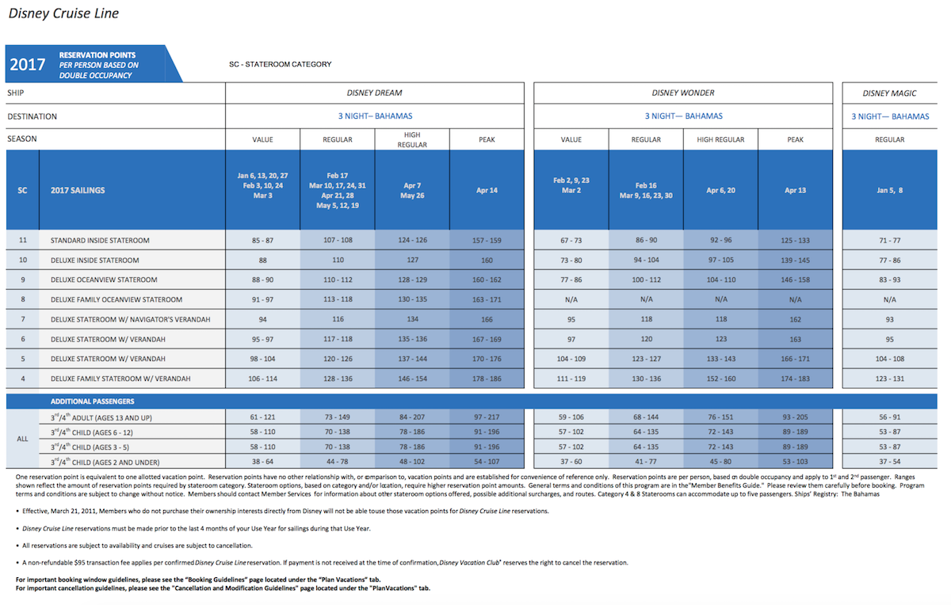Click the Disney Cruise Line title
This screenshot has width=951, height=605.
point(63,13)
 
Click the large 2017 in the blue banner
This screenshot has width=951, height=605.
point(28,64)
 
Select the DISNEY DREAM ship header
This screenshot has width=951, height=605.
point(374,93)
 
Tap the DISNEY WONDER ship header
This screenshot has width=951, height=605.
point(683,93)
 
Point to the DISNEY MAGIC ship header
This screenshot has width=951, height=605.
point(889,93)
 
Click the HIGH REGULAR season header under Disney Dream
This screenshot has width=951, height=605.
point(412,139)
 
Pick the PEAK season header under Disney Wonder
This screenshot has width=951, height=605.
point(795,139)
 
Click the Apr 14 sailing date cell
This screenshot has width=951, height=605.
point(487,191)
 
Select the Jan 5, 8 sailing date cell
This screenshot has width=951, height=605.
point(889,191)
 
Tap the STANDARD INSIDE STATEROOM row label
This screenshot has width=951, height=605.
point(100,241)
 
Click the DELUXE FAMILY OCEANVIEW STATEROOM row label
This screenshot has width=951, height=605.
point(116,299)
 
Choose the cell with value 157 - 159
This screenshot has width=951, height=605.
point(487,241)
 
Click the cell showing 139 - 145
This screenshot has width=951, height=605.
point(795,260)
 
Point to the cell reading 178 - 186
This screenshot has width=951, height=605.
point(487,379)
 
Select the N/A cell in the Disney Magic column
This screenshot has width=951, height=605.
point(889,299)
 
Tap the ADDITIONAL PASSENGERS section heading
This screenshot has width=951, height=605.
point(92,401)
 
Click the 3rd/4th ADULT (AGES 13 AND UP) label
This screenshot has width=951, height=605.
point(101,417)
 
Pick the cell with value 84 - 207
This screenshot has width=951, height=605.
point(412,417)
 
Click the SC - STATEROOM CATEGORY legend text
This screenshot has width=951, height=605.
point(281,64)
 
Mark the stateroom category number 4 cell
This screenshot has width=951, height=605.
point(23,379)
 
